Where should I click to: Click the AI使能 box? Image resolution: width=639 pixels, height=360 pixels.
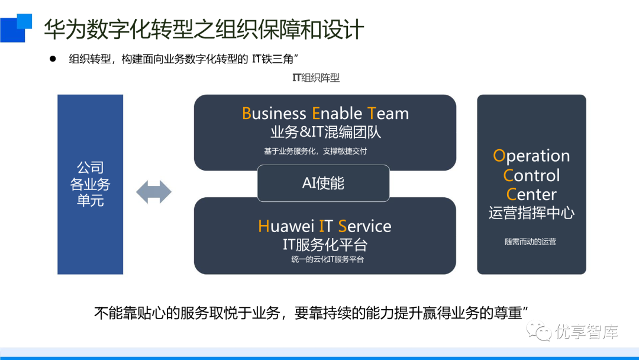coord(323,184)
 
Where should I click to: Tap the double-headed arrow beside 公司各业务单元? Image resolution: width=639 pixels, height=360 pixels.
coord(154,192)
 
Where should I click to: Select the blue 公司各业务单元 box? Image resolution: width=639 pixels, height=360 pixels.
coord(90,184)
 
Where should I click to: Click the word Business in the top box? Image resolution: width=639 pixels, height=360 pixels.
coord(274,114)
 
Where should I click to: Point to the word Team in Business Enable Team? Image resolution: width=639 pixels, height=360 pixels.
coord(388,114)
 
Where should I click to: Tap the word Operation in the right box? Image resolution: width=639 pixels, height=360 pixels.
coord(531,156)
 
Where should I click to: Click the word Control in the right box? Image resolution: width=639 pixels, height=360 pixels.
coord(531,175)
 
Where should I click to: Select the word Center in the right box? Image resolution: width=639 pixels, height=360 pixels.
coord(531,194)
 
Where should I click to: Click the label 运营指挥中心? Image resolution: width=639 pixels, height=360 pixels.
coord(531,213)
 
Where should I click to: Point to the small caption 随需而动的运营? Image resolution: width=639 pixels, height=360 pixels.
coord(530,242)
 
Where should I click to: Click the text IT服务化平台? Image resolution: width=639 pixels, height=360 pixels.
coord(325,244)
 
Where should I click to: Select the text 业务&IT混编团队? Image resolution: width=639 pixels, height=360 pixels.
coord(325,132)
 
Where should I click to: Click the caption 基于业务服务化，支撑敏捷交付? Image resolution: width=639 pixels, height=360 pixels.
coord(315,151)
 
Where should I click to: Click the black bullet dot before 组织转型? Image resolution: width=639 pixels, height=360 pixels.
coord(52,59)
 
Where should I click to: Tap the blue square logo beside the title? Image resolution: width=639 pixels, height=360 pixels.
coord(15,27)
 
